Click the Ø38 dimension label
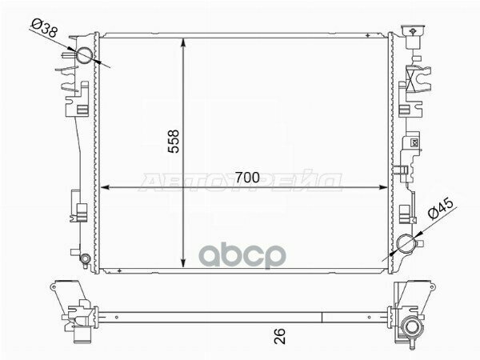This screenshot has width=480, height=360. [44, 28]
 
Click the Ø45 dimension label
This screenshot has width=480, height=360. [441, 209]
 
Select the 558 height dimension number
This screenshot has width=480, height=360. [174, 141]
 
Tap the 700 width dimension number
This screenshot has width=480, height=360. [247, 178]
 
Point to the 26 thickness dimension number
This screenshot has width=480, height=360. [279, 336]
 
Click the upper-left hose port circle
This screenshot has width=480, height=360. [84, 55]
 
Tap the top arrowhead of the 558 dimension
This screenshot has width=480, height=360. [183, 42]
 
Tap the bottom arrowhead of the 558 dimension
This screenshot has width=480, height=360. [183, 263]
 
